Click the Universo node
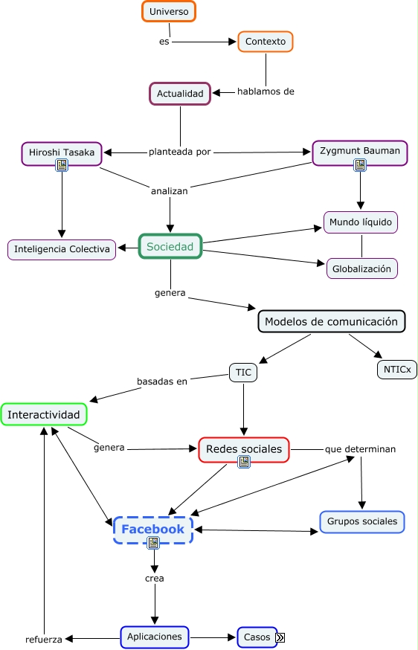click(169, 12)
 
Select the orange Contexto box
click(266, 42)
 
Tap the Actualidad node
click(180, 94)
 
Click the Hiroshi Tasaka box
click(62, 152)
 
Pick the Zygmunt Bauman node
click(359, 151)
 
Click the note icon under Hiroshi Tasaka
click(62, 166)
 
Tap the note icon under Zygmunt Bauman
click(360, 165)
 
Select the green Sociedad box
click(170, 246)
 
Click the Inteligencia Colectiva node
click(62, 249)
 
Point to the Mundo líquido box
click(361, 222)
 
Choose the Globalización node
click(361, 268)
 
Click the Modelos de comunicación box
click(331, 322)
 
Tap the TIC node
click(243, 372)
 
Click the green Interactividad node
click(44, 414)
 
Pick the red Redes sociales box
click(243, 449)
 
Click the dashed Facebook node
click(153, 530)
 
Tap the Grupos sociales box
click(362, 521)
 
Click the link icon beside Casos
click(280, 637)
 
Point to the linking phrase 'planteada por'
click(180, 152)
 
